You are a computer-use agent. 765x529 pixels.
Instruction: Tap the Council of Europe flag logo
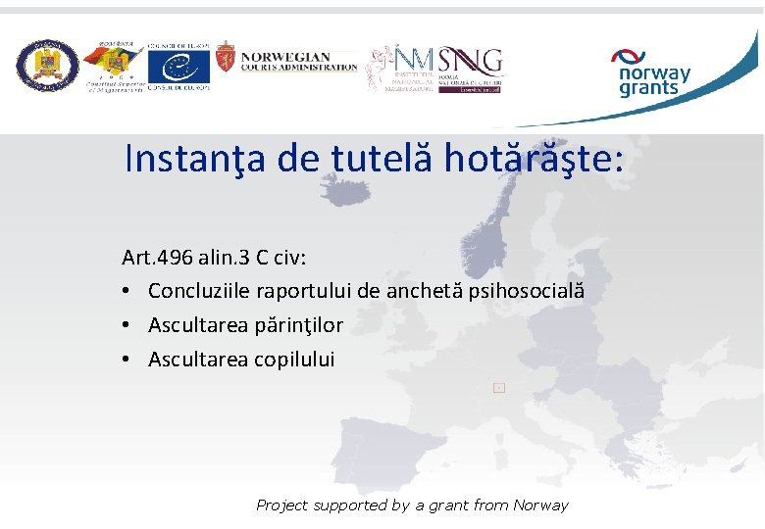(178, 67)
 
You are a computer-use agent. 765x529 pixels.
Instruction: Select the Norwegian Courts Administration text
(298, 61)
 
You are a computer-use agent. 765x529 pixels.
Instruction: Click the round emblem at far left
(46, 67)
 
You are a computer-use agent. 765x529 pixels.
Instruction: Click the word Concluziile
(200, 291)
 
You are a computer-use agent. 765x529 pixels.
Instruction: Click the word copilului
(294, 360)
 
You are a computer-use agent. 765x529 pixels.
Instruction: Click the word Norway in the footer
(539, 505)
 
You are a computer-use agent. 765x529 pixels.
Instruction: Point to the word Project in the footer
(281, 505)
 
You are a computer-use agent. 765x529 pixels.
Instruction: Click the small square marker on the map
(498, 388)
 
